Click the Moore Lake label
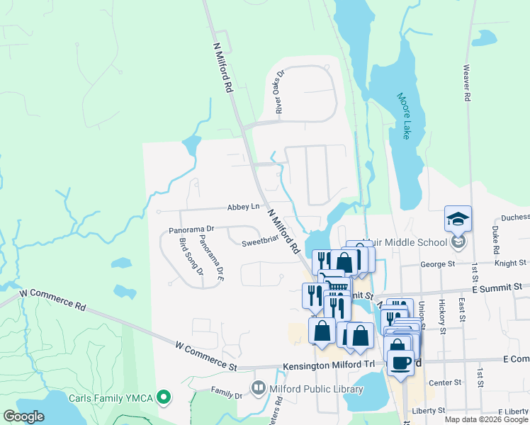404,116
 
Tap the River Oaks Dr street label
279,92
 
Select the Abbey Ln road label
243,207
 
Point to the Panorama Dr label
191,230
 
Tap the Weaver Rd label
467,83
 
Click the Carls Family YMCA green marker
164,397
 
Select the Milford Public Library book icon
258,388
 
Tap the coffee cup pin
400,362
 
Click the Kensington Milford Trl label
328,364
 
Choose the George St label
436,264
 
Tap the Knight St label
511,263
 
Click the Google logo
24,416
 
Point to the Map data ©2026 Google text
485,419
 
